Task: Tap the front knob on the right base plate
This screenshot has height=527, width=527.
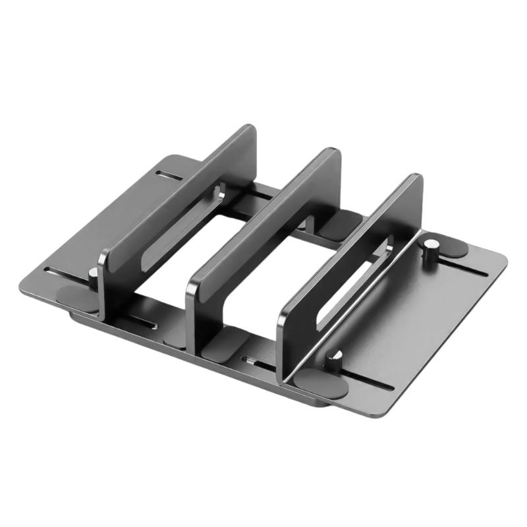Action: click(x=335, y=360)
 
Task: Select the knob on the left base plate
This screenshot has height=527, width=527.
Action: click(x=94, y=279)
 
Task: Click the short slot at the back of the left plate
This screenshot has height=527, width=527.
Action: click(x=170, y=176)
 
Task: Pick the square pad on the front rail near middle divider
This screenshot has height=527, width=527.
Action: click(x=224, y=343)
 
